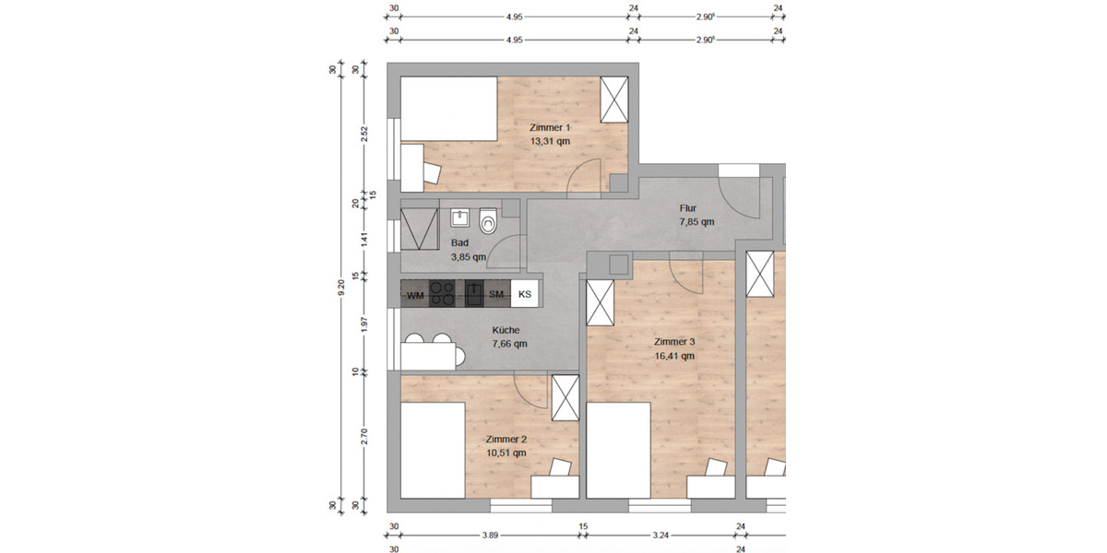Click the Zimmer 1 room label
tap(550, 127)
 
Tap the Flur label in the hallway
tap(688, 208)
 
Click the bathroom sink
tap(459, 218)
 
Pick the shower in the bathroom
tap(420, 229)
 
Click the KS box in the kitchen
tap(525, 294)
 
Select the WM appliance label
tap(415, 294)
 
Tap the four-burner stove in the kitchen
tap(443, 293)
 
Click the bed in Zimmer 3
tap(619, 452)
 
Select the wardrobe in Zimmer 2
tap(564, 397)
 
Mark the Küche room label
tap(506, 330)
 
